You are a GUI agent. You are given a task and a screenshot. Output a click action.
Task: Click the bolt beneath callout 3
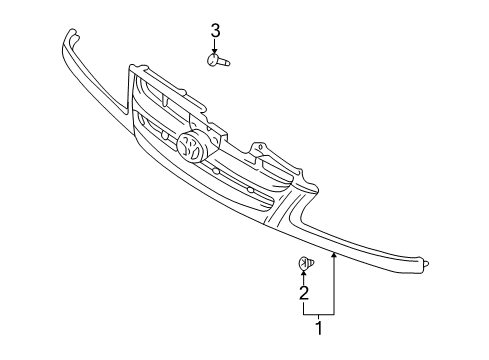pyautogui.click(x=219, y=62)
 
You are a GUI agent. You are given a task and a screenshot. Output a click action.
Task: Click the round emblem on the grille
pyautogui.click(x=192, y=149)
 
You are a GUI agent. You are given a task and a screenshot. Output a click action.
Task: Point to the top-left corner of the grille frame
pyautogui.click(x=131, y=68)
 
